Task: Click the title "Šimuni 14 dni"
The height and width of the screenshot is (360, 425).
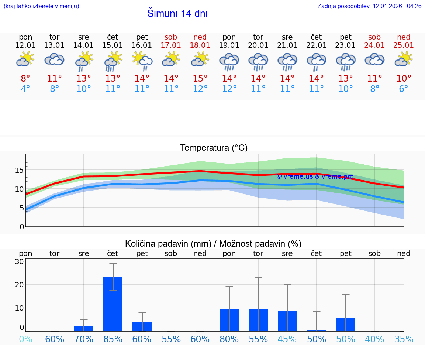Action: tap(177, 14)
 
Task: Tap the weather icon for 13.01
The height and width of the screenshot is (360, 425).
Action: tap(55, 59)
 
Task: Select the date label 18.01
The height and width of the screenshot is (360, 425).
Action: tap(200, 45)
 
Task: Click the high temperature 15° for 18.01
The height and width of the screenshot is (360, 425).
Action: tap(200, 79)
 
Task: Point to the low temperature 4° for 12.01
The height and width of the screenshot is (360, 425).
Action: tap(25, 89)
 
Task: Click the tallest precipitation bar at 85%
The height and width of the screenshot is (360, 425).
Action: tap(113, 304)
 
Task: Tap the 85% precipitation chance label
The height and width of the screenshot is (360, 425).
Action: tap(113, 339)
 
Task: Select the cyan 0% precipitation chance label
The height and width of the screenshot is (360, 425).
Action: tap(25, 339)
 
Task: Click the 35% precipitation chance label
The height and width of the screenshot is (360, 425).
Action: tap(404, 339)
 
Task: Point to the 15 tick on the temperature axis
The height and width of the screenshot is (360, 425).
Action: tap(19, 170)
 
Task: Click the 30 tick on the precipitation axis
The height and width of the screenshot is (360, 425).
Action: tap(19, 261)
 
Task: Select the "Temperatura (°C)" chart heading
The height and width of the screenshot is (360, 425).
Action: tap(214, 148)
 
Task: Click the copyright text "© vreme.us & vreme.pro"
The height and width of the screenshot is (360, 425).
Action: tap(314, 176)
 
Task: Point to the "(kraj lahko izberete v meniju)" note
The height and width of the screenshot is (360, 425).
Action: tap(41, 6)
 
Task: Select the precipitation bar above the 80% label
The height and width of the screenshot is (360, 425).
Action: tap(229, 320)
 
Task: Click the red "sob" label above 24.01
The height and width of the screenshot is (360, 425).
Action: tap(374, 37)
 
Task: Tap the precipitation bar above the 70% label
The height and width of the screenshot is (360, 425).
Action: tap(84, 328)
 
